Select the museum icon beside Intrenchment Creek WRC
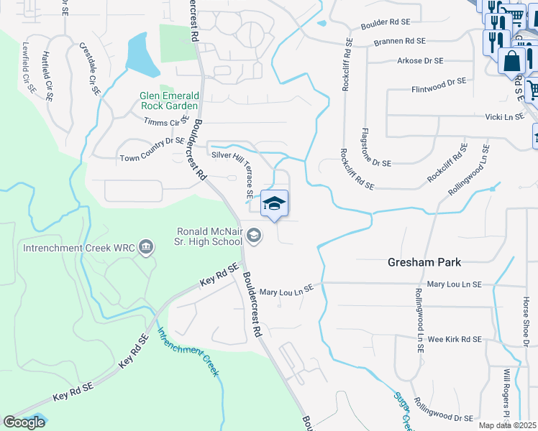coord(147,249)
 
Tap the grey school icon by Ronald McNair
coord(253,235)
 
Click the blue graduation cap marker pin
coord(274,205)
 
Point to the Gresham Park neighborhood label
coord(424,263)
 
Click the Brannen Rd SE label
coord(399,42)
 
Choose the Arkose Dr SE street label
coord(421,61)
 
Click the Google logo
coord(24,422)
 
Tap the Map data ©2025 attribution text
coord(508,425)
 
